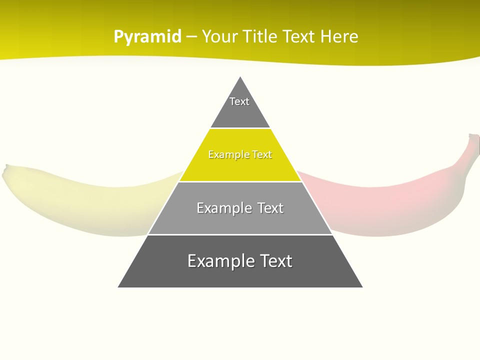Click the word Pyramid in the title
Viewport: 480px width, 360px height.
pos(147,37)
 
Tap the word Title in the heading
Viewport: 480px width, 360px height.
pos(261,36)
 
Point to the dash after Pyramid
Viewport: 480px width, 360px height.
pos(191,37)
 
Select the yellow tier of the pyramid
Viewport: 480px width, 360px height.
pos(240,167)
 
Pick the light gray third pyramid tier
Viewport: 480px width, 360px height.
pos(240,220)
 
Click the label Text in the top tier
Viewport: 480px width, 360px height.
pos(239,101)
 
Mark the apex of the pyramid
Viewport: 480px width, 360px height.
pos(240,77)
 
